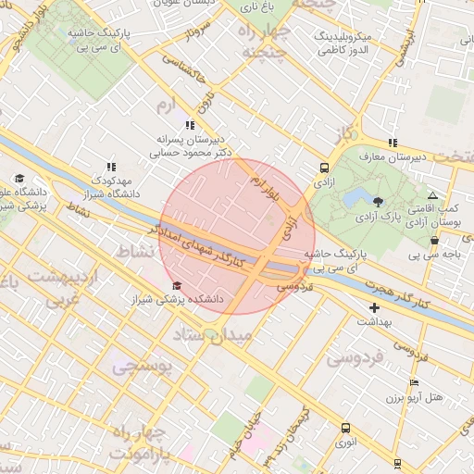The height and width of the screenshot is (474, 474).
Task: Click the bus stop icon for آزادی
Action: click(324, 168)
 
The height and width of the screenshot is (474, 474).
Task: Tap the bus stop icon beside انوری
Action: click(345, 428)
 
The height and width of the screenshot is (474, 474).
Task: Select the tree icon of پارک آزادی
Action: click(378, 201)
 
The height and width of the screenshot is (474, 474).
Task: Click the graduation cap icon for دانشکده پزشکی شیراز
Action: click(177, 285)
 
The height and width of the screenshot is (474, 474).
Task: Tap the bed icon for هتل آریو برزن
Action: click(414, 382)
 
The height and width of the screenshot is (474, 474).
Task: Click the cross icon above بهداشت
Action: click(374, 307)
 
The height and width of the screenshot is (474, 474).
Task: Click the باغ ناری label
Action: click(258, 7)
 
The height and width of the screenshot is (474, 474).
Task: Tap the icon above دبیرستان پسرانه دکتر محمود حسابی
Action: click(189, 124)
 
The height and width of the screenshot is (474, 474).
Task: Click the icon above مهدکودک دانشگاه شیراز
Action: click(112, 166)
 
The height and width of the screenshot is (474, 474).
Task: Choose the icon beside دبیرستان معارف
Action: click(393, 143)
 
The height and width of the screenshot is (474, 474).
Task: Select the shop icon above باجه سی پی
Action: click(434, 240)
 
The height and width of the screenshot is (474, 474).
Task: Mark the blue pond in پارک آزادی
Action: click(353, 196)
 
